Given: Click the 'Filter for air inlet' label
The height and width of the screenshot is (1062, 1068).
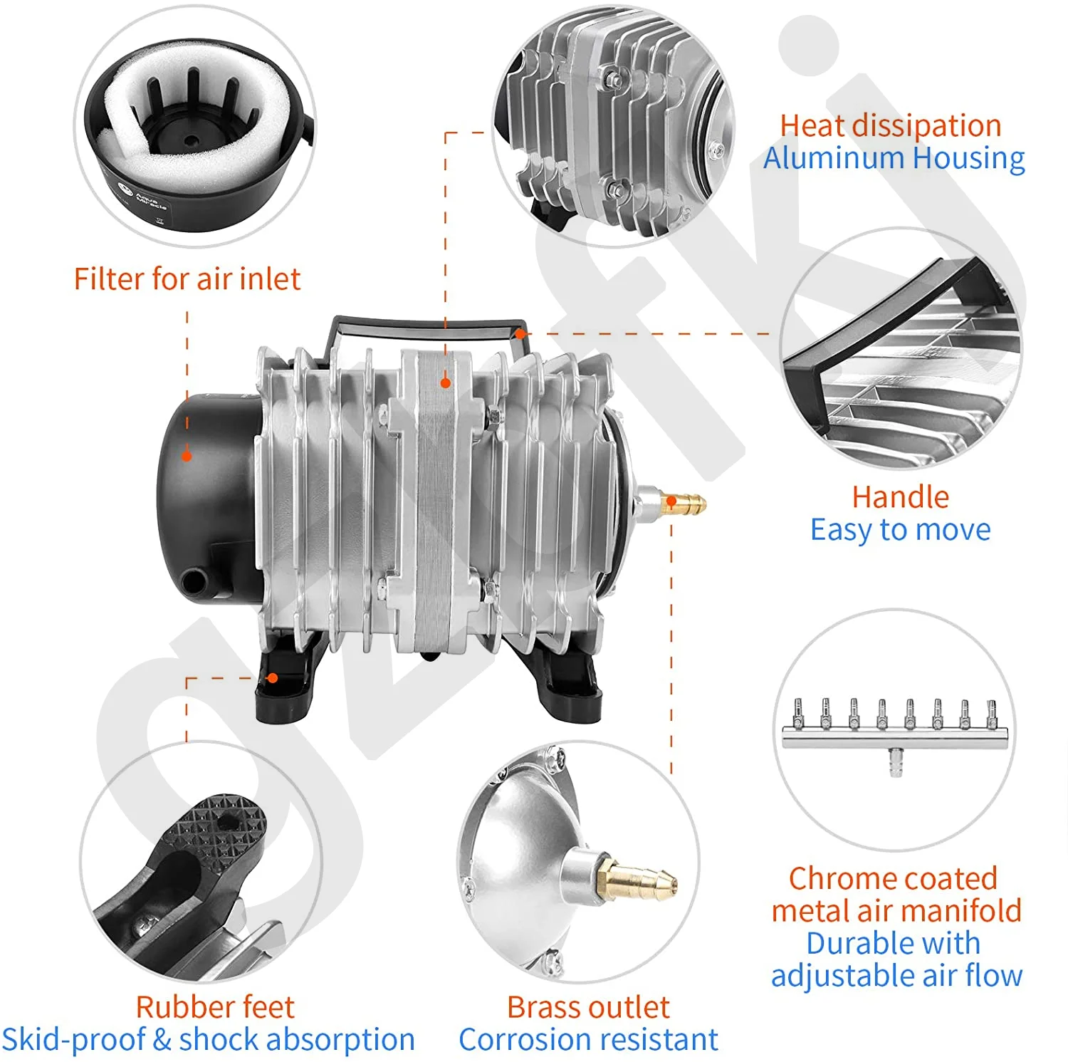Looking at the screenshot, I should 187,278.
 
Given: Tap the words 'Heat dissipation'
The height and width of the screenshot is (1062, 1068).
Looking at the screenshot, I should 890,125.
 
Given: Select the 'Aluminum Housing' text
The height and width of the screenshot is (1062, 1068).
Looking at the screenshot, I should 894,157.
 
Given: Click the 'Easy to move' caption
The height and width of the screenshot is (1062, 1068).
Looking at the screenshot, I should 900,529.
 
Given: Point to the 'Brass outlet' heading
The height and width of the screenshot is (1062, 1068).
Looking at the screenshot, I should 588,1007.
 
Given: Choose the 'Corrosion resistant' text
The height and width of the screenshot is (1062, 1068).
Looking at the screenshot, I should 588,1039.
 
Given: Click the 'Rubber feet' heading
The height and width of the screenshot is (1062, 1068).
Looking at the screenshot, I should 214,1007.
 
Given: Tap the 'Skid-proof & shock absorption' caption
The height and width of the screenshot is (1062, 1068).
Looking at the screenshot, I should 208,1039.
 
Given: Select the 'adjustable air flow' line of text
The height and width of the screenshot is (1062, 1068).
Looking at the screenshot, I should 896,975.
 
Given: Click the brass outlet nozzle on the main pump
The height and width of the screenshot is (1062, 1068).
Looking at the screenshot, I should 684,502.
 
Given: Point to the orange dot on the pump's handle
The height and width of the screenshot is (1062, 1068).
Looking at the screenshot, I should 520,333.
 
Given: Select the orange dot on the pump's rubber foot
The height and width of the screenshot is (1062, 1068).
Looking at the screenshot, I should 272,678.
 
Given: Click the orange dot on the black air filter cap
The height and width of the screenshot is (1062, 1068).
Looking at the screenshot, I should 187,456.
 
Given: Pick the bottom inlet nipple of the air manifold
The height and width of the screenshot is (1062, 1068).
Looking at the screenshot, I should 895,762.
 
